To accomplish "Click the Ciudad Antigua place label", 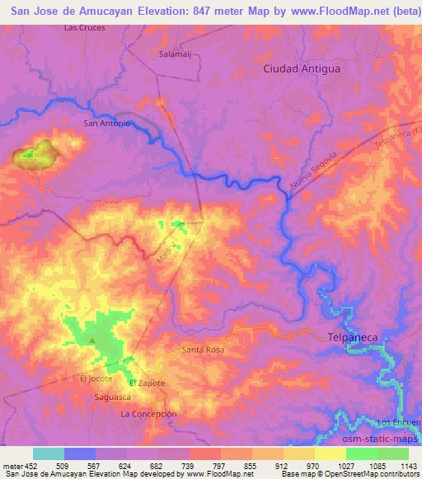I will [301, 69].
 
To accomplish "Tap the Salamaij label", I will [175, 54].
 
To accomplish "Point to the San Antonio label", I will [107, 123].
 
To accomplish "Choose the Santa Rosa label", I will [202, 350].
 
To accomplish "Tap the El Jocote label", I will [96, 379].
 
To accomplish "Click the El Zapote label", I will [148, 384].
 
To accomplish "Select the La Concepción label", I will [148, 414].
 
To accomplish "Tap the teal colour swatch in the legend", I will [49, 453].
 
